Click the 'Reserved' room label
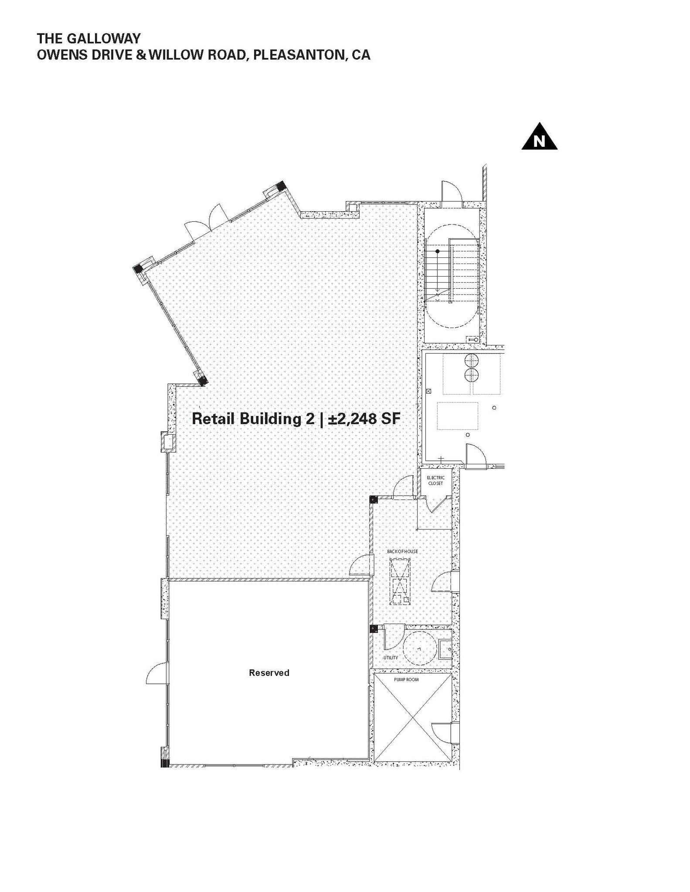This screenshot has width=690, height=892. click(269, 672)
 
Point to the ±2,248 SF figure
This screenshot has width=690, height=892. click(364, 419)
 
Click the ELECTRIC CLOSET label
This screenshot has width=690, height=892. click(435, 480)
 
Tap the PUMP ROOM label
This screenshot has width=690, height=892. click(406, 679)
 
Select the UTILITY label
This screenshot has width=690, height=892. click(391, 657)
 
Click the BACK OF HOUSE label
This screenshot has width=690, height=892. click(402, 551)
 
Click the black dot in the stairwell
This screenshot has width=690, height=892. click(438, 251)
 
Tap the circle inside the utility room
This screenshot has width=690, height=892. click(419, 648)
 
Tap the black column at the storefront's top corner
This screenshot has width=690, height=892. click(281, 186)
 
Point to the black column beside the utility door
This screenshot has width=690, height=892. click(374, 628)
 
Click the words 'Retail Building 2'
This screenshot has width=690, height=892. click(253, 419)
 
